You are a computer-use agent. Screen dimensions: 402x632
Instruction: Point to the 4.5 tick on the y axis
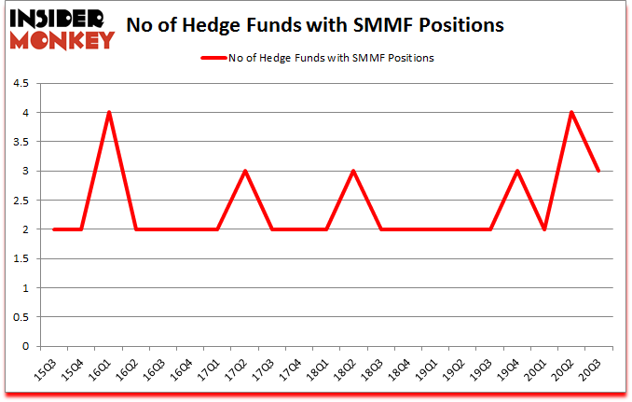21,84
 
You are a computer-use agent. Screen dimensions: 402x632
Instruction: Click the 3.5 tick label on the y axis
21,142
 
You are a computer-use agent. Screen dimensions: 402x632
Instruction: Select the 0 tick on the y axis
25,347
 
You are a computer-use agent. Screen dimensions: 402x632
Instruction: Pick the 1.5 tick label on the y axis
21,259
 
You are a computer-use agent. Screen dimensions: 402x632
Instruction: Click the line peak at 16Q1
109,113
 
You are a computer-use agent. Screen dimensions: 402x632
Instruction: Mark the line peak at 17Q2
245,172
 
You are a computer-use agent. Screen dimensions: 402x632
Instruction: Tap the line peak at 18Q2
353,172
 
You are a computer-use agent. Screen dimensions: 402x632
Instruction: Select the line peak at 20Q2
570,113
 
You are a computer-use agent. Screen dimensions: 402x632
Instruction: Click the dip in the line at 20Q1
543,229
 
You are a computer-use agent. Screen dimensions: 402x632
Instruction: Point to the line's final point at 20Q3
598,172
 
